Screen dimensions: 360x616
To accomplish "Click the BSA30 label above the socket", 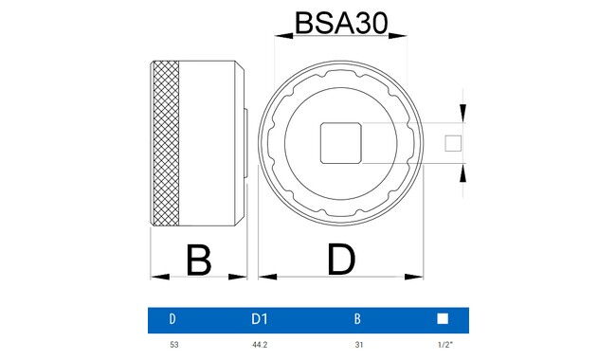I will click(341, 22).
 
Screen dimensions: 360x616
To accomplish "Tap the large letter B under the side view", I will click(198, 260).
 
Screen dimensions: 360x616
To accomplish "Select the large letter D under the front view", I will click(340, 260).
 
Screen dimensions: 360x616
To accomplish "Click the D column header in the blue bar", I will click(172, 319).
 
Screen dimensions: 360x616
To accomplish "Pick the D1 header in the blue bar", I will click(260, 319).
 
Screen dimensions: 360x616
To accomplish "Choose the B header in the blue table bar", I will click(356, 319).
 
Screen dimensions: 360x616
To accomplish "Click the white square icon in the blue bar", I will click(443, 319).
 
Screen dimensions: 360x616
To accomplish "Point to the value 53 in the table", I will click(172, 345).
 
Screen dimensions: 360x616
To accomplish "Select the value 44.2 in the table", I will click(260, 345).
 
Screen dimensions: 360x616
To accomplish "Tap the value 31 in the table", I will click(356, 345).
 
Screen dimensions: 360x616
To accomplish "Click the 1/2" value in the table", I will click(443, 345).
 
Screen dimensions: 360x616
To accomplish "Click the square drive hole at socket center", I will click(340, 144).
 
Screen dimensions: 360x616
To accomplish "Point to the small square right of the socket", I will click(453, 144).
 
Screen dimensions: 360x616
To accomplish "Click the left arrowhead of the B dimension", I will click(156, 278).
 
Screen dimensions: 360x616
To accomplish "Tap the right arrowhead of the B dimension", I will click(242, 278).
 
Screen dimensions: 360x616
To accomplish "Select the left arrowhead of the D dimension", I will click(263, 278).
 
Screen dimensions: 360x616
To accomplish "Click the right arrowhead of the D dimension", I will click(418, 278).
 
